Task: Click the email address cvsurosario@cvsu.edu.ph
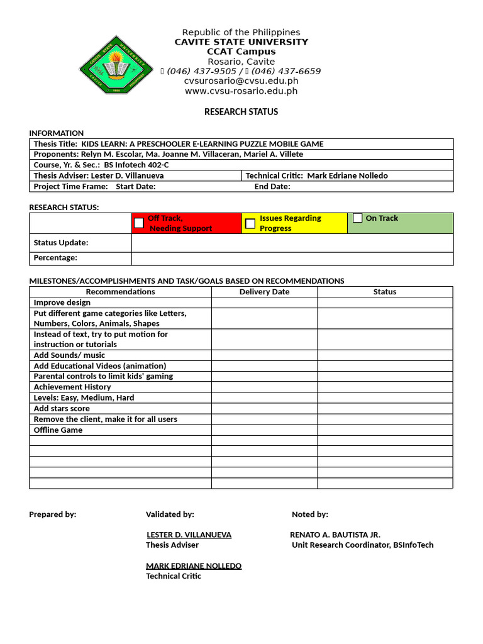pyautogui.click(x=241, y=81)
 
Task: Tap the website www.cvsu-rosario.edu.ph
pyautogui.click(x=241, y=91)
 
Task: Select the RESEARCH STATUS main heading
pyautogui.click(x=241, y=112)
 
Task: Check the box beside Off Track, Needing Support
pyautogui.click(x=139, y=223)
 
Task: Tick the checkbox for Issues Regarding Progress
pyautogui.click(x=250, y=223)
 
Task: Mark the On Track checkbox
pyautogui.click(x=357, y=218)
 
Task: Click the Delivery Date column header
pyautogui.click(x=264, y=292)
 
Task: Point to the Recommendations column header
pyautogui.click(x=120, y=292)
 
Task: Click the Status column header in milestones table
pyautogui.click(x=384, y=292)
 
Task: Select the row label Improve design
pyautogui.click(x=62, y=303)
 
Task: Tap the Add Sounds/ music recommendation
pyautogui.click(x=69, y=355)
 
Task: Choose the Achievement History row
pyautogui.click(x=72, y=387)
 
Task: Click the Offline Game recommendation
pyautogui.click(x=58, y=430)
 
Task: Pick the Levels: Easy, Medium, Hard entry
pyautogui.click(x=84, y=397)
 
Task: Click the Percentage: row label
pyautogui.click(x=55, y=258)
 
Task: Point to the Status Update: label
pyautogui.click(x=61, y=243)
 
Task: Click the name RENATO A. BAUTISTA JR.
pyautogui.click(x=335, y=535)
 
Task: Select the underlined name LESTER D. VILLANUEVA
pyautogui.click(x=189, y=535)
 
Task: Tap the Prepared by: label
pyautogui.click(x=53, y=514)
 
